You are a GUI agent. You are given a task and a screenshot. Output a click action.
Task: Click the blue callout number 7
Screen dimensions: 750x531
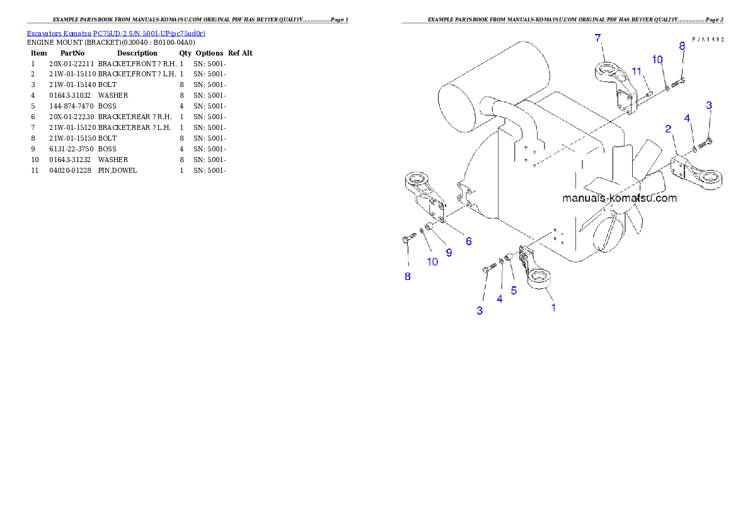(597, 38)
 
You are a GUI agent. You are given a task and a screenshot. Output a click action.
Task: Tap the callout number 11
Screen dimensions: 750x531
(637, 71)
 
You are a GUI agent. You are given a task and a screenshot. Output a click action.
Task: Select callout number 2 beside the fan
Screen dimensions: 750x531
(668, 129)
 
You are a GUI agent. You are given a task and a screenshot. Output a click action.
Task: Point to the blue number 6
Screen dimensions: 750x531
(468, 241)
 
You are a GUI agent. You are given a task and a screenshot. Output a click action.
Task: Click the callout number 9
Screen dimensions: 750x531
(449, 252)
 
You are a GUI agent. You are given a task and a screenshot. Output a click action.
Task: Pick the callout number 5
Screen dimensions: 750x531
(514, 290)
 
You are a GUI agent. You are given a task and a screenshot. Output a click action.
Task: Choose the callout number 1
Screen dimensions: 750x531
(553, 308)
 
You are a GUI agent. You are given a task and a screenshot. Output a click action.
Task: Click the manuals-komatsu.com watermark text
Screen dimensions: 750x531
(620, 198)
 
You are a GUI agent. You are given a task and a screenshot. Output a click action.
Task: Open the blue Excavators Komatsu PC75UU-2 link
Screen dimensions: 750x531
(116, 33)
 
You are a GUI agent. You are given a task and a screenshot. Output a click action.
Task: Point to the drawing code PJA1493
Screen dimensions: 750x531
(707, 38)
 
